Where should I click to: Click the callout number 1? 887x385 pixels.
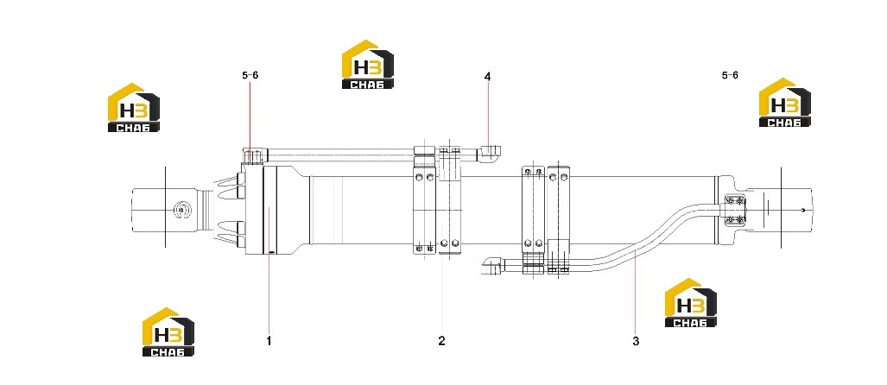point(269,341)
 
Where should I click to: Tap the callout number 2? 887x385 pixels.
point(441,341)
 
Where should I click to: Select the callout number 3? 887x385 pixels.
point(636,341)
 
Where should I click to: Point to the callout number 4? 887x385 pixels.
point(487,76)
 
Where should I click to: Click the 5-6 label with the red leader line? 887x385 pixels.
point(250,75)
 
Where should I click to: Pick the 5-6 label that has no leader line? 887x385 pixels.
point(730,75)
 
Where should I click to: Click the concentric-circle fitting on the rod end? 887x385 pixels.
point(181,210)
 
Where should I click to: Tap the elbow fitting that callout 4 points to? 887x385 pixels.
point(491,154)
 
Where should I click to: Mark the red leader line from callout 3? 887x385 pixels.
point(636,291)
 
